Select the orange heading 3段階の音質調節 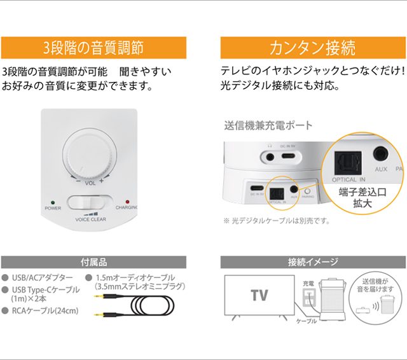93,48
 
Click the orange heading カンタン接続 313,48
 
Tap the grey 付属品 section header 93,262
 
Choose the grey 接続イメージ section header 313,262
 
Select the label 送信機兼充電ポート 268,125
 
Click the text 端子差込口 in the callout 361,193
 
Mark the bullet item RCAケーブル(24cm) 45,311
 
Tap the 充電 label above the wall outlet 308,282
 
